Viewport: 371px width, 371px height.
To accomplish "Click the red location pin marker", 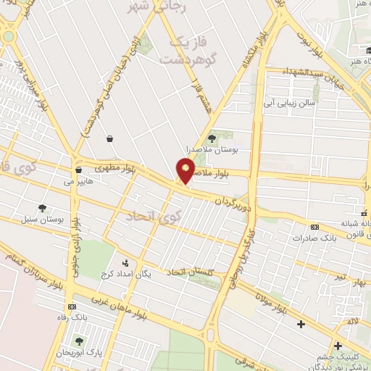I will (186, 171).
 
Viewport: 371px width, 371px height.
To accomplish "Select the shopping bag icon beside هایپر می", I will (78, 170).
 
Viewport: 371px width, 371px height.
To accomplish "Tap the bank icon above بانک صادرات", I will (314, 226).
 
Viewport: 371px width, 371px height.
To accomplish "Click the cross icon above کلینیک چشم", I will (338, 346).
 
